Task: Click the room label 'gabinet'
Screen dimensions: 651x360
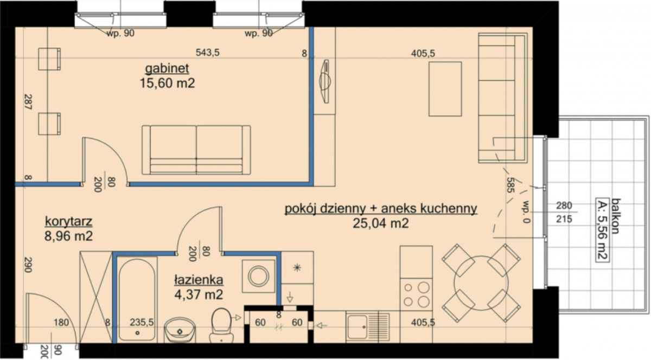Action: pyautogui.click(x=167, y=68)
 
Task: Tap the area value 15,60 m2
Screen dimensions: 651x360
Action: pyautogui.click(x=168, y=83)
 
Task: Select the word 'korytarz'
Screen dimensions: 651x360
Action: pyautogui.click(x=68, y=221)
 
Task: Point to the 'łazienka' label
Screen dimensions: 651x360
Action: pyautogui.click(x=199, y=280)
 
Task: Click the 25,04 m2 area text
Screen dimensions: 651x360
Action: pyautogui.click(x=381, y=223)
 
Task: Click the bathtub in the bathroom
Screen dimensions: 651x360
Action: pyautogui.click(x=137, y=300)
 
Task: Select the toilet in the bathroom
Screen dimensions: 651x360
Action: pyautogui.click(x=221, y=325)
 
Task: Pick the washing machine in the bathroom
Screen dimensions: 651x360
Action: pyautogui.click(x=258, y=276)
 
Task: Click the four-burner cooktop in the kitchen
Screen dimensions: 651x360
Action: pyautogui.click(x=416, y=294)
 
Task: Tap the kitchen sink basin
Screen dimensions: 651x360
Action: pyautogui.click(x=357, y=327)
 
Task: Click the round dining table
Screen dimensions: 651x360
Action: pyautogui.click(x=481, y=283)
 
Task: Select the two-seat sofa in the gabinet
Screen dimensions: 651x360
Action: pyautogui.click(x=196, y=150)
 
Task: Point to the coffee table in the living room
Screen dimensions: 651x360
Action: pyautogui.click(x=445, y=89)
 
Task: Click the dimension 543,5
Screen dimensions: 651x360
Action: pyautogui.click(x=207, y=53)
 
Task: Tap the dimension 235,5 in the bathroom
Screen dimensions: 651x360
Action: pyautogui.click(x=142, y=322)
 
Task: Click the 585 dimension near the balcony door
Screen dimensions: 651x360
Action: pyautogui.click(x=510, y=185)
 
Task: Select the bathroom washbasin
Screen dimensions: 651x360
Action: pyautogui.click(x=180, y=330)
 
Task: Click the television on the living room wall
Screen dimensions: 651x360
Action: pyautogui.click(x=325, y=81)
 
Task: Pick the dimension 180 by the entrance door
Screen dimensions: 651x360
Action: pyautogui.click(x=61, y=322)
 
